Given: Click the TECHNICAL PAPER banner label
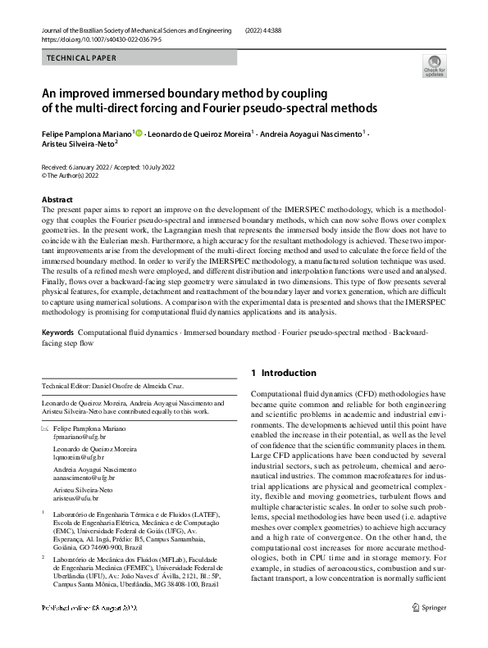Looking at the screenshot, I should pyautogui.click(x=82, y=58).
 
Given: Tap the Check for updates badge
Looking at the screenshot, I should pyautogui.click(x=434, y=66).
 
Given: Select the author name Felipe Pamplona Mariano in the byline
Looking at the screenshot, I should pyautogui.click(x=87, y=133).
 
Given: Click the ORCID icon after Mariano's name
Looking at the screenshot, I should pyautogui.click(x=139, y=133).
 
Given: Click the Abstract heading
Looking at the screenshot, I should pyautogui.click(x=57, y=200).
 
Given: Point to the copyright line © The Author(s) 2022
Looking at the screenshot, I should pyautogui.click(x=71, y=175).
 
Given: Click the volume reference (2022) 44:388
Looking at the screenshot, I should pyautogui.click(x=271, y=29).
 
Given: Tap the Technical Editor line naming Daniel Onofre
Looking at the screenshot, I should pyautogui.click(x=112, y=386).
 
